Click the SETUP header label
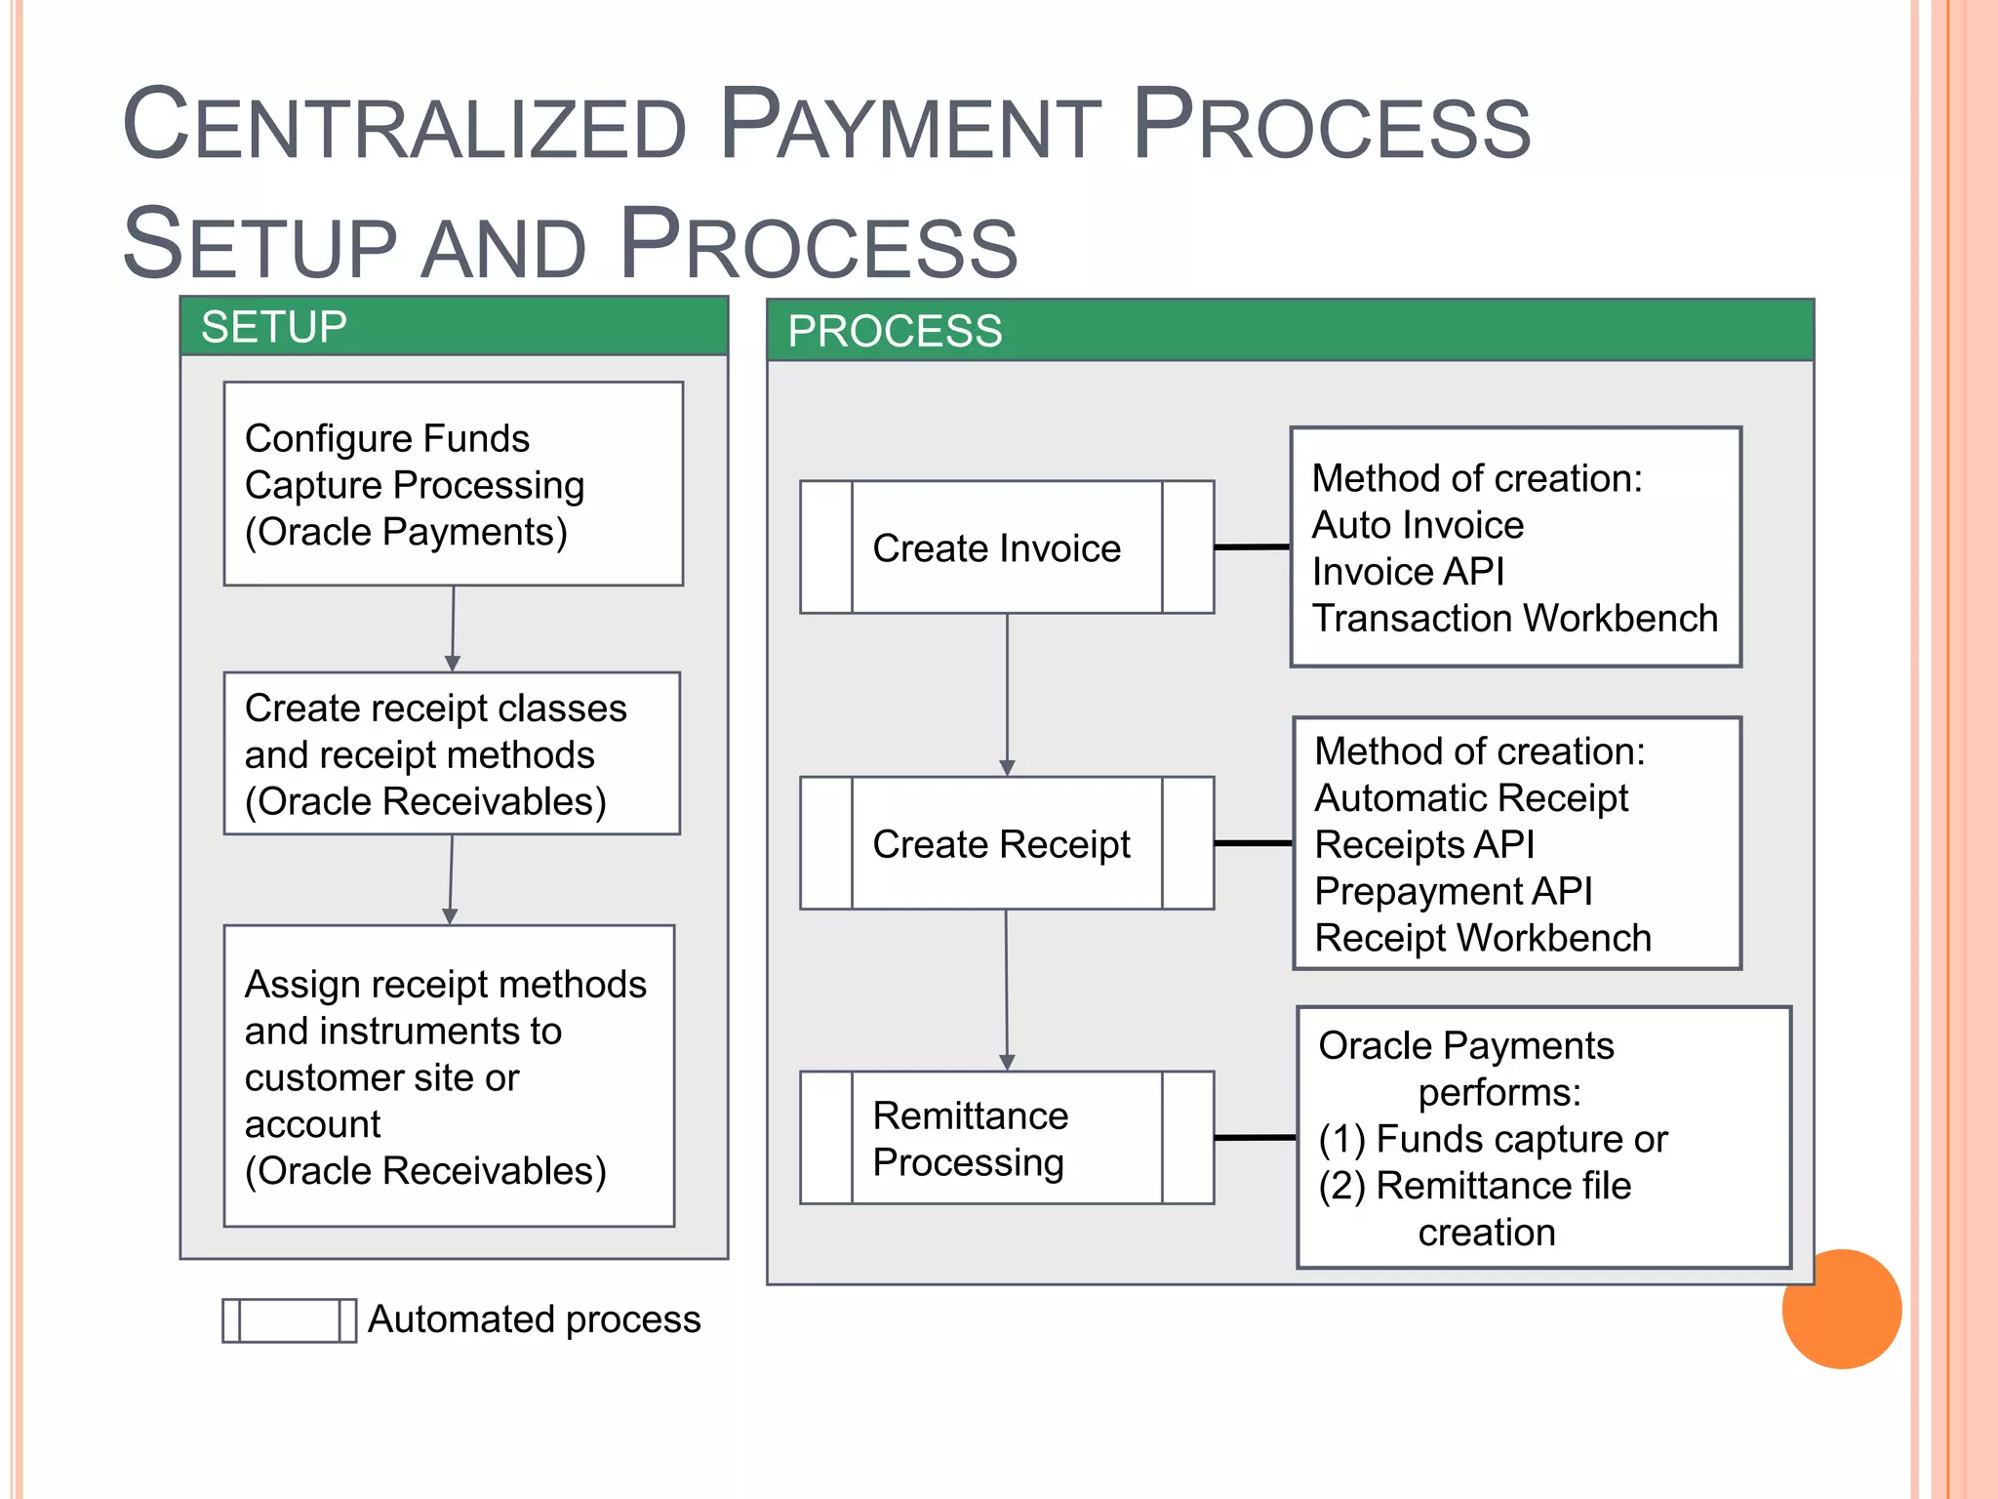[x=274, y=327]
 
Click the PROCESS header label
[x=895, y=331]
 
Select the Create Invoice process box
[x=1006, y=547]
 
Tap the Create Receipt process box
[x=1006, y=843]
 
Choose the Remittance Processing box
[x=1006, y=1138]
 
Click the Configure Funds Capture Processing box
[x=453, y=484]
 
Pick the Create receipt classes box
[x=452, y=753]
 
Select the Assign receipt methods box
[x=449, y=1075]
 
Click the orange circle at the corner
[x=1841, y=1309]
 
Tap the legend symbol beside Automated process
[x=289, y=1320]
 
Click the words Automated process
[x=534, y=1319]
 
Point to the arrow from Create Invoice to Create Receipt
[x=1007, y=693]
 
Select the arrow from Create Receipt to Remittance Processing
[x=1007, y=988]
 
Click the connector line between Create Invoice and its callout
[x=1252, y=547]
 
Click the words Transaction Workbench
[x=1514, y=619]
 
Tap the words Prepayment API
[x=1453, y=891]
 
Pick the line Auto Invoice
[x=1418, y=525]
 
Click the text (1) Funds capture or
[x=1493, y=1139]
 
